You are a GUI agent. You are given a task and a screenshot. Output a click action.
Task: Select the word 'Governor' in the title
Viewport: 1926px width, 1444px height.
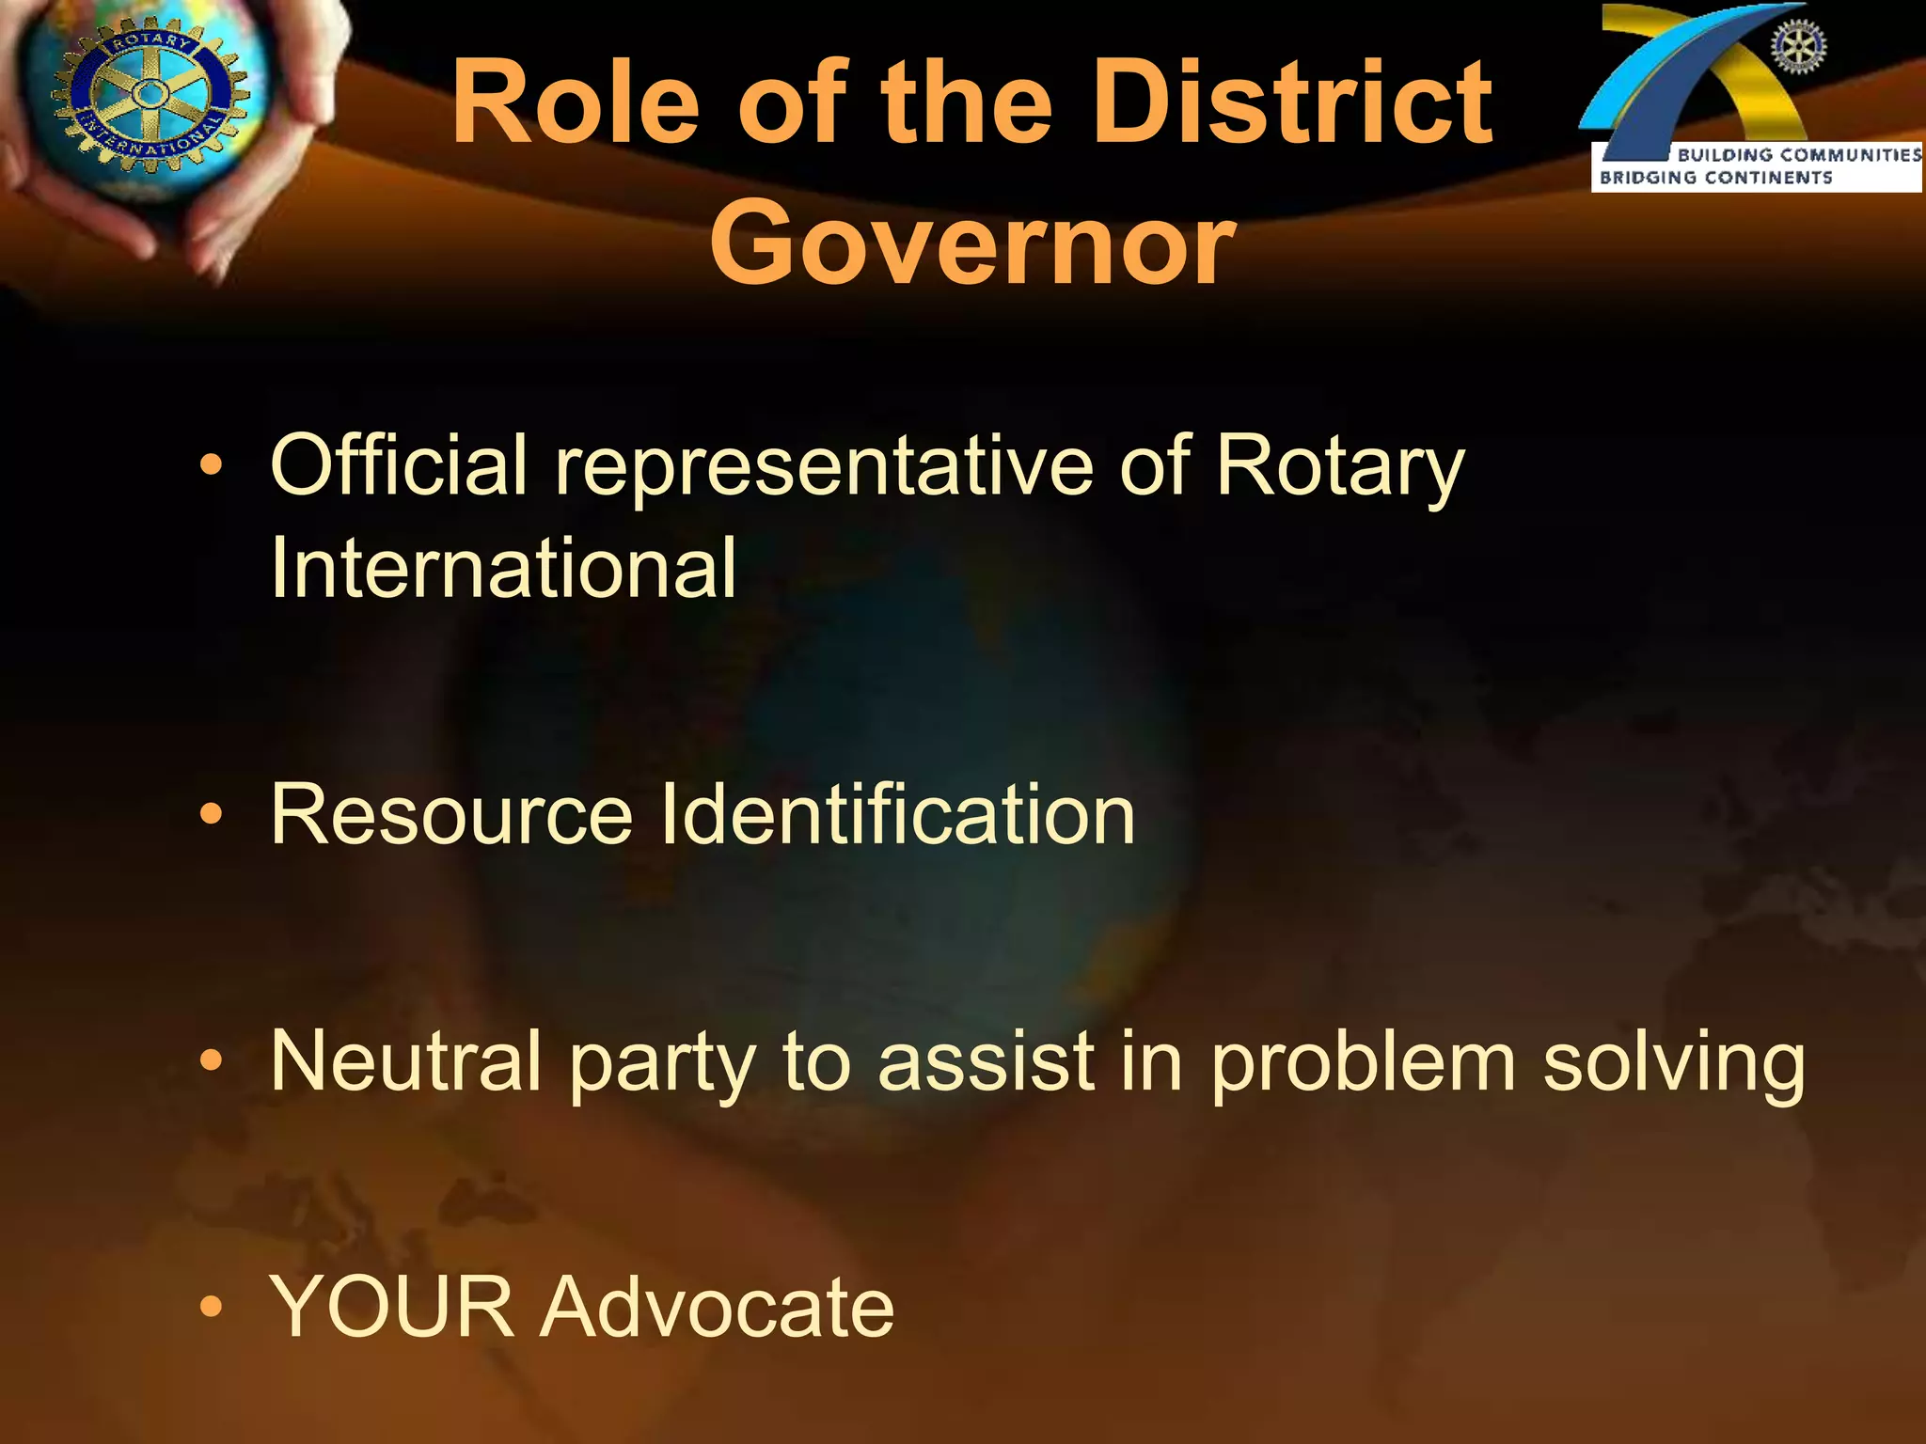pyautogui.click(x=971, y=244)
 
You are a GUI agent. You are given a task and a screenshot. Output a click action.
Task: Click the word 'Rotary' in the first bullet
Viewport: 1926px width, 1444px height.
pyautogui.click(x=1340, y=467)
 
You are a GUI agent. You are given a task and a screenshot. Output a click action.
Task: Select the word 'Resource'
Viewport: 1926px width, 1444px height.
pyautogui.click(x=451, y=814)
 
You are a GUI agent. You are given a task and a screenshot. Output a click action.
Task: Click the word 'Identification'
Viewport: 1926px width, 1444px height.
pyautogui.click(x=898, y=814)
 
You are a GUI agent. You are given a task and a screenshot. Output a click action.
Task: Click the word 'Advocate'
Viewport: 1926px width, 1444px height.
pyautogui.click(x=717, y=1307)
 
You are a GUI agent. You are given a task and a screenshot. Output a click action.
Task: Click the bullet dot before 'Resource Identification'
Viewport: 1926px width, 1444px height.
pyautogui.click(x=213, y=814)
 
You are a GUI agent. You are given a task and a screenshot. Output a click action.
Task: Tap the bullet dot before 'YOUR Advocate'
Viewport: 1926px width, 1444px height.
pyautogui.click(x=213, y=1307)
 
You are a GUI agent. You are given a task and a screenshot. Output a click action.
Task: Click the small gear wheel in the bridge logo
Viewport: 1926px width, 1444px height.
pyautogui.click(x=1799, y=46)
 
